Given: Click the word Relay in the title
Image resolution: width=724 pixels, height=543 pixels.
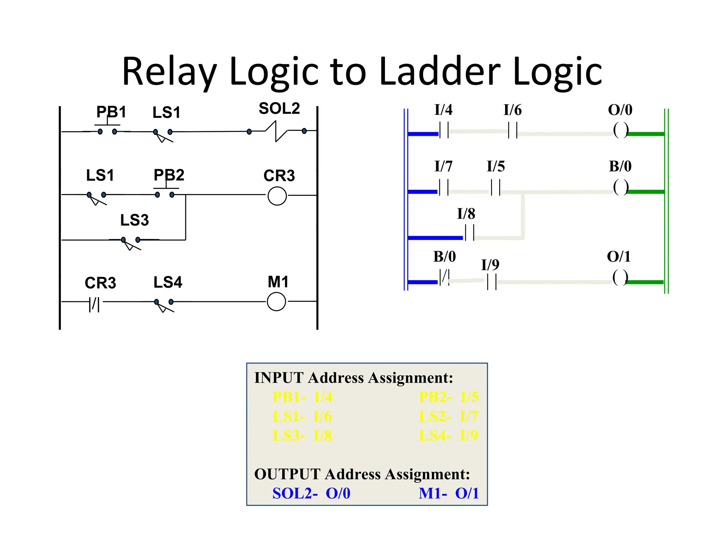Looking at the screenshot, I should [169, 72].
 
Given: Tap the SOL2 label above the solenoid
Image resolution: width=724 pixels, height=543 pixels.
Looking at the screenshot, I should [279, 109].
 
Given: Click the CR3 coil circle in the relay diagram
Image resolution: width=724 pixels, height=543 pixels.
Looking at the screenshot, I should [277, 196].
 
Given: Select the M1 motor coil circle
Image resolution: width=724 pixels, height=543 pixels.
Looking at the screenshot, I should [276, 302].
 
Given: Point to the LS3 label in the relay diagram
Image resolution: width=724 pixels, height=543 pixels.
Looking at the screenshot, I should [134, 220].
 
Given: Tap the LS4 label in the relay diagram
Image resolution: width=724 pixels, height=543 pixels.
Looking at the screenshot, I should [168, 282].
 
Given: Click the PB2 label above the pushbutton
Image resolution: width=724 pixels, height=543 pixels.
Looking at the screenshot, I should [169, 175].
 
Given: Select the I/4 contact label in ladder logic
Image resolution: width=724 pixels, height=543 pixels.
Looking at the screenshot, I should [443, 110].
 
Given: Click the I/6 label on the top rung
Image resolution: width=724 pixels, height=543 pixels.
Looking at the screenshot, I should [512, 110].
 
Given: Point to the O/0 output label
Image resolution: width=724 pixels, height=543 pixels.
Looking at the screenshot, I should [620, 110].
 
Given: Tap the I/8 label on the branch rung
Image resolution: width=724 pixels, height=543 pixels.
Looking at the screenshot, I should [466, 214].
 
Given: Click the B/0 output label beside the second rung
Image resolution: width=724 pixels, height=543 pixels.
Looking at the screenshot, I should [620, 166].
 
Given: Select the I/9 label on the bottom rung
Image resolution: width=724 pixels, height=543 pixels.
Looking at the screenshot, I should [490, 265].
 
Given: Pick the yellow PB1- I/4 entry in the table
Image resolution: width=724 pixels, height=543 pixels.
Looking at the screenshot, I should [303, 397].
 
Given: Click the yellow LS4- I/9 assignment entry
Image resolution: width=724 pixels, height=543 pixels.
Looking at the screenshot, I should [448, 436].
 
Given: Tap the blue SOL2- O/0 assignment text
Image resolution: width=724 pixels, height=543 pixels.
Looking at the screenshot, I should [311, 494].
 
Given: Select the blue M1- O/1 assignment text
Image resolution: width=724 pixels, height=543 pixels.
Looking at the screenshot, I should [448, 494].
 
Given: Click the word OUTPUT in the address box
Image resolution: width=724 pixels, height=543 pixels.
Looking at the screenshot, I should [287, 474].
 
